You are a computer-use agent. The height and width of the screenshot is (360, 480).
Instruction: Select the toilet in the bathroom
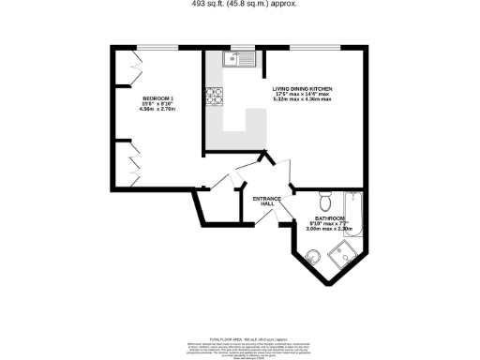click(x=324, y=202)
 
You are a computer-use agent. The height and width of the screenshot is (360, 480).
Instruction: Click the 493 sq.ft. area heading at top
click(x=240, y=4)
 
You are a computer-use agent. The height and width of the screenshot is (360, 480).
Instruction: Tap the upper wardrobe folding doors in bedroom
click(x=133, y=71)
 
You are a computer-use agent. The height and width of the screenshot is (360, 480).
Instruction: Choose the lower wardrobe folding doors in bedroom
click(x=133, y=161)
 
